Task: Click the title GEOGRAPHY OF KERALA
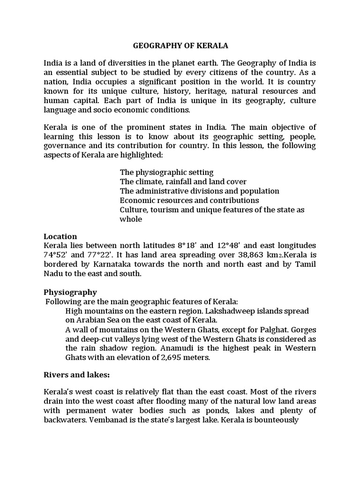pyautogui.click(x=180, y=46)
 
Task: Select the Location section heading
pyautogui.click(x=60, y=236)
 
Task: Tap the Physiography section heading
pyautogui.click(x=70, y=292)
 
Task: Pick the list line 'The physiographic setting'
pyautogui.click(x=166, y=172)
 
